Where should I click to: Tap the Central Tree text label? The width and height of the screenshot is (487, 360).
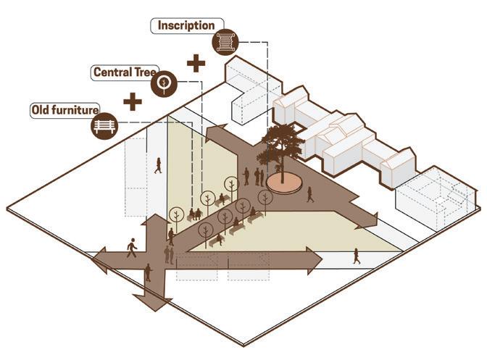120,72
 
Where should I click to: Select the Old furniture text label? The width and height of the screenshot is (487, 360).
63,111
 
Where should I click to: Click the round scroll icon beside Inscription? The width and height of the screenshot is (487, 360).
225,42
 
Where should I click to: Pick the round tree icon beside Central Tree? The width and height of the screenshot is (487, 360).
165,84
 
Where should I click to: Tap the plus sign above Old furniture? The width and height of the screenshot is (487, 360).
133,101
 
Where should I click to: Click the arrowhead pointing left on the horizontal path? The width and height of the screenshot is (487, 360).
100,257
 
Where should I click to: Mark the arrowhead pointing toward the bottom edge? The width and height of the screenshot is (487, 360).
154,301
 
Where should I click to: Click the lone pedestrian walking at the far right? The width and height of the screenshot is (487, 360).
356,256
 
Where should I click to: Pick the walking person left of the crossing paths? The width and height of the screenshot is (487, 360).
132,248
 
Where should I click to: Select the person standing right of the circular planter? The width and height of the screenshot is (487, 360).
310,194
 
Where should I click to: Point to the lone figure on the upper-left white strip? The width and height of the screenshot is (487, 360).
157,165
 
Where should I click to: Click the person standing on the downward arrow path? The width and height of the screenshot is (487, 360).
148,272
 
